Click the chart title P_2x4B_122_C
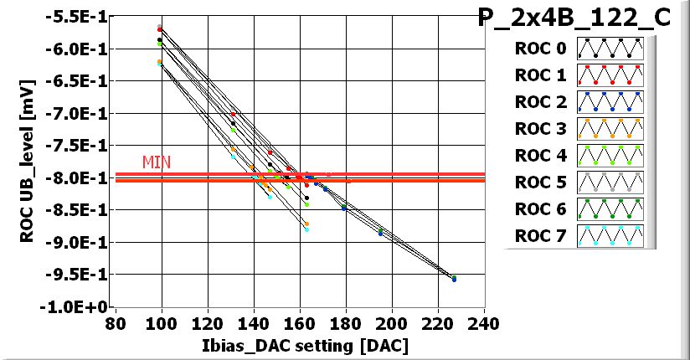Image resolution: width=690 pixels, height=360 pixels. (574, 18)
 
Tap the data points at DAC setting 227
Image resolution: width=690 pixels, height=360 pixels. (454, 279)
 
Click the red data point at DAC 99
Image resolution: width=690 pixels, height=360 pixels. (160, 28)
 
